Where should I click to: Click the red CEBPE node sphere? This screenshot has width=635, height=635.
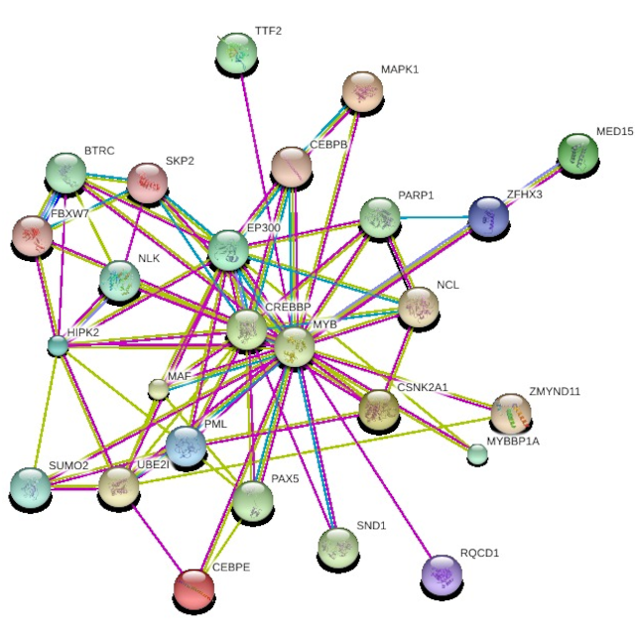(194, 588)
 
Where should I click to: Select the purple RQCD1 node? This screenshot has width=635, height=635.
(442, 574)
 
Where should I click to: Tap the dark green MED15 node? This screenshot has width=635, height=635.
(577, 154)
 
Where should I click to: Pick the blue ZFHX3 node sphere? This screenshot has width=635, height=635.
(488, 217)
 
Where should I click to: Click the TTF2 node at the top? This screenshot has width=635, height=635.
(236, 53)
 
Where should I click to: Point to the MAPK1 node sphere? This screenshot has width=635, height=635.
(362, 91)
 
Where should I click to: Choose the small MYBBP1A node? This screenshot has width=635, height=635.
(477, 453)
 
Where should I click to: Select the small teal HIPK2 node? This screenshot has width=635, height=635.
(58, 345)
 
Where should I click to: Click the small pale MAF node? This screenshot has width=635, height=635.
(159, 389)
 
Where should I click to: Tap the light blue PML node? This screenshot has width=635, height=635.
(186, 445)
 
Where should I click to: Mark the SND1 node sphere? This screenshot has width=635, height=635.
(338, 548)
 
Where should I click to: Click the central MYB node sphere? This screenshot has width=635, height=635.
(295, 347)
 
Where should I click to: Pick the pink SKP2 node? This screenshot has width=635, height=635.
(148, 183)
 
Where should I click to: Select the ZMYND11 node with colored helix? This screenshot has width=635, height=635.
(511, 413)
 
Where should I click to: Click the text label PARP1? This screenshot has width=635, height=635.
(416, 195)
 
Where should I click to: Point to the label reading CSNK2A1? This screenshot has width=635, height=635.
(423, 388)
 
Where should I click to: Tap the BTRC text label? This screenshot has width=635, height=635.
(99, 151)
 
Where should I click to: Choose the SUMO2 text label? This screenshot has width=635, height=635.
(68, 465)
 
